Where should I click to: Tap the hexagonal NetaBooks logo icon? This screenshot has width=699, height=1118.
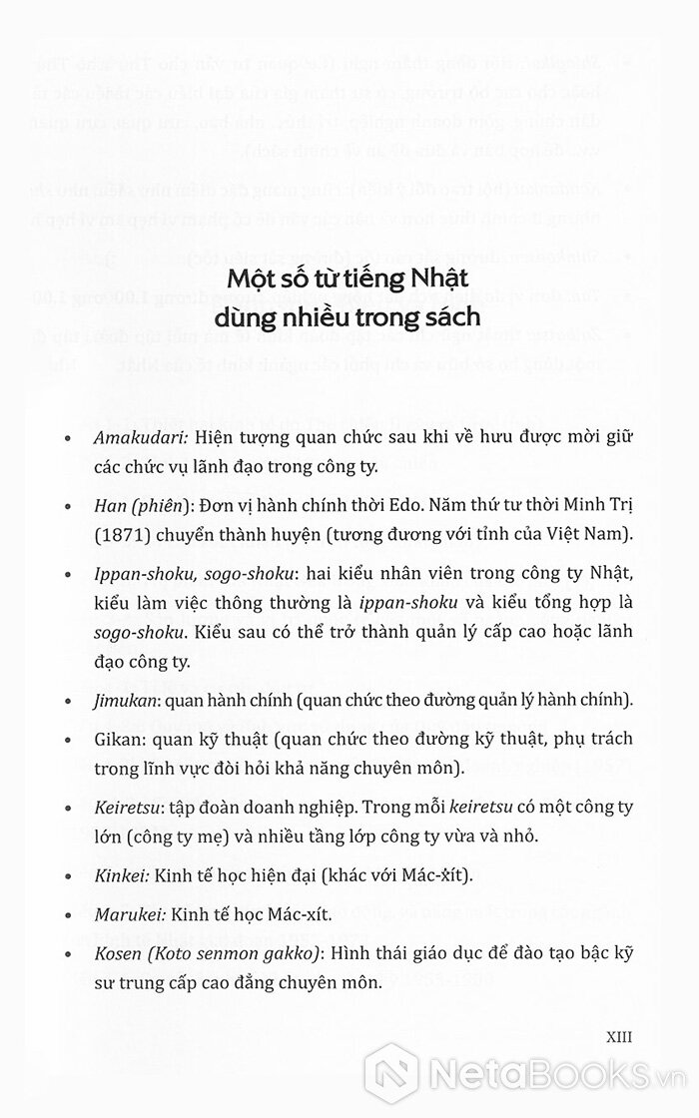coord(390,1073)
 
